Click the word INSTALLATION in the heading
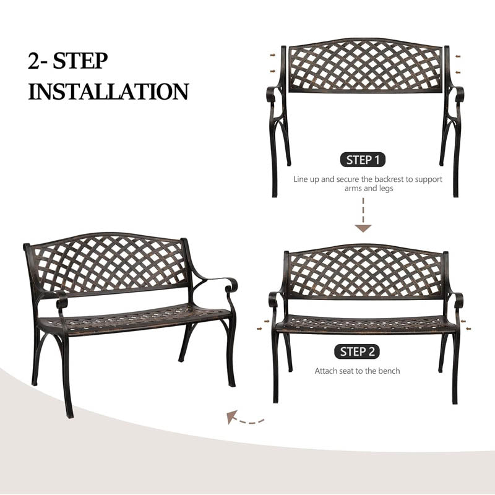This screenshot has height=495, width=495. [108, 92]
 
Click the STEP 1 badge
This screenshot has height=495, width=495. [363, 160]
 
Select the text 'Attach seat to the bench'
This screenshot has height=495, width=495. [357, 371]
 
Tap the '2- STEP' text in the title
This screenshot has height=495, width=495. [68, 61]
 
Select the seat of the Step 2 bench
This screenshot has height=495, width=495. [365, 324]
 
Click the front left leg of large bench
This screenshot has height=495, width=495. [66, 377]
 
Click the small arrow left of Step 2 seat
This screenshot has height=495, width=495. [266, 321]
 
